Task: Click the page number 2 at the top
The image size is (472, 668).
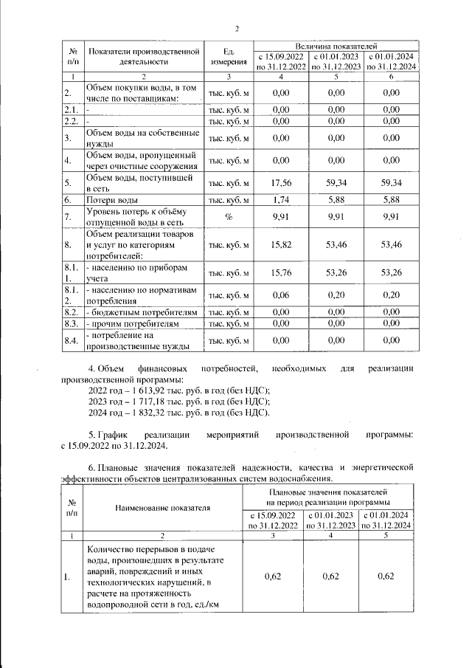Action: (237, 30)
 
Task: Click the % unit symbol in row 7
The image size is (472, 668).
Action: (229, 217)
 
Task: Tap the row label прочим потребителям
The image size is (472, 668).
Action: (133, 323)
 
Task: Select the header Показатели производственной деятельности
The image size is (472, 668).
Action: (145, 57)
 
